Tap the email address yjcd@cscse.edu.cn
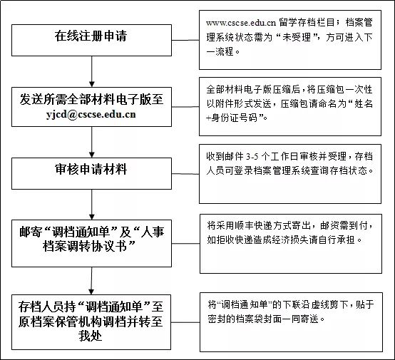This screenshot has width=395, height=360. (x=91, y=115)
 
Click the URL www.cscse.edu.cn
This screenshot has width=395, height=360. (x=241, y=23)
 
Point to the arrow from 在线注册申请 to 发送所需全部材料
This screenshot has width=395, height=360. (x=92, y=71)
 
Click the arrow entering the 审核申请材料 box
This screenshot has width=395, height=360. (x=92, y=142)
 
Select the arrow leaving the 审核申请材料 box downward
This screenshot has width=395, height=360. (x=92, y=205)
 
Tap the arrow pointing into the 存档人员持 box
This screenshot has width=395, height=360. (x=91, y=281)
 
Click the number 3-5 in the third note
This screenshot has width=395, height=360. (x=252, y=157)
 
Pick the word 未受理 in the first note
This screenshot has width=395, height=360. (x=297, y=37)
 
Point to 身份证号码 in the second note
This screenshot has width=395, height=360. (x=234, y=118)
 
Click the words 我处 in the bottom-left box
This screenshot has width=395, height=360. (x=90, y=336)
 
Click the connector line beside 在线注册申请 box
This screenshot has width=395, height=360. (x=185, y=40)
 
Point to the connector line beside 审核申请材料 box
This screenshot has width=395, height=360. (x=185, y=174)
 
